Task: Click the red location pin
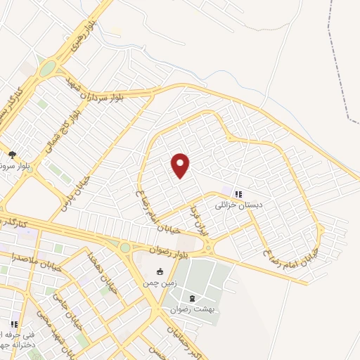(181, 165)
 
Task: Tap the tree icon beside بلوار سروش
(12, 154)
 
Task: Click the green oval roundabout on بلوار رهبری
(47, 68)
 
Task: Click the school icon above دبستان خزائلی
(238, 194)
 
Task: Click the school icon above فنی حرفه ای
(13, 324)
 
